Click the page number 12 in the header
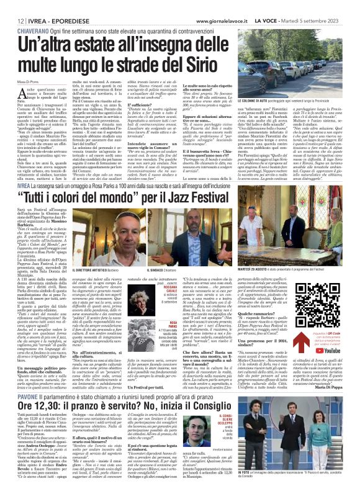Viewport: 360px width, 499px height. (x=12, y=5)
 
